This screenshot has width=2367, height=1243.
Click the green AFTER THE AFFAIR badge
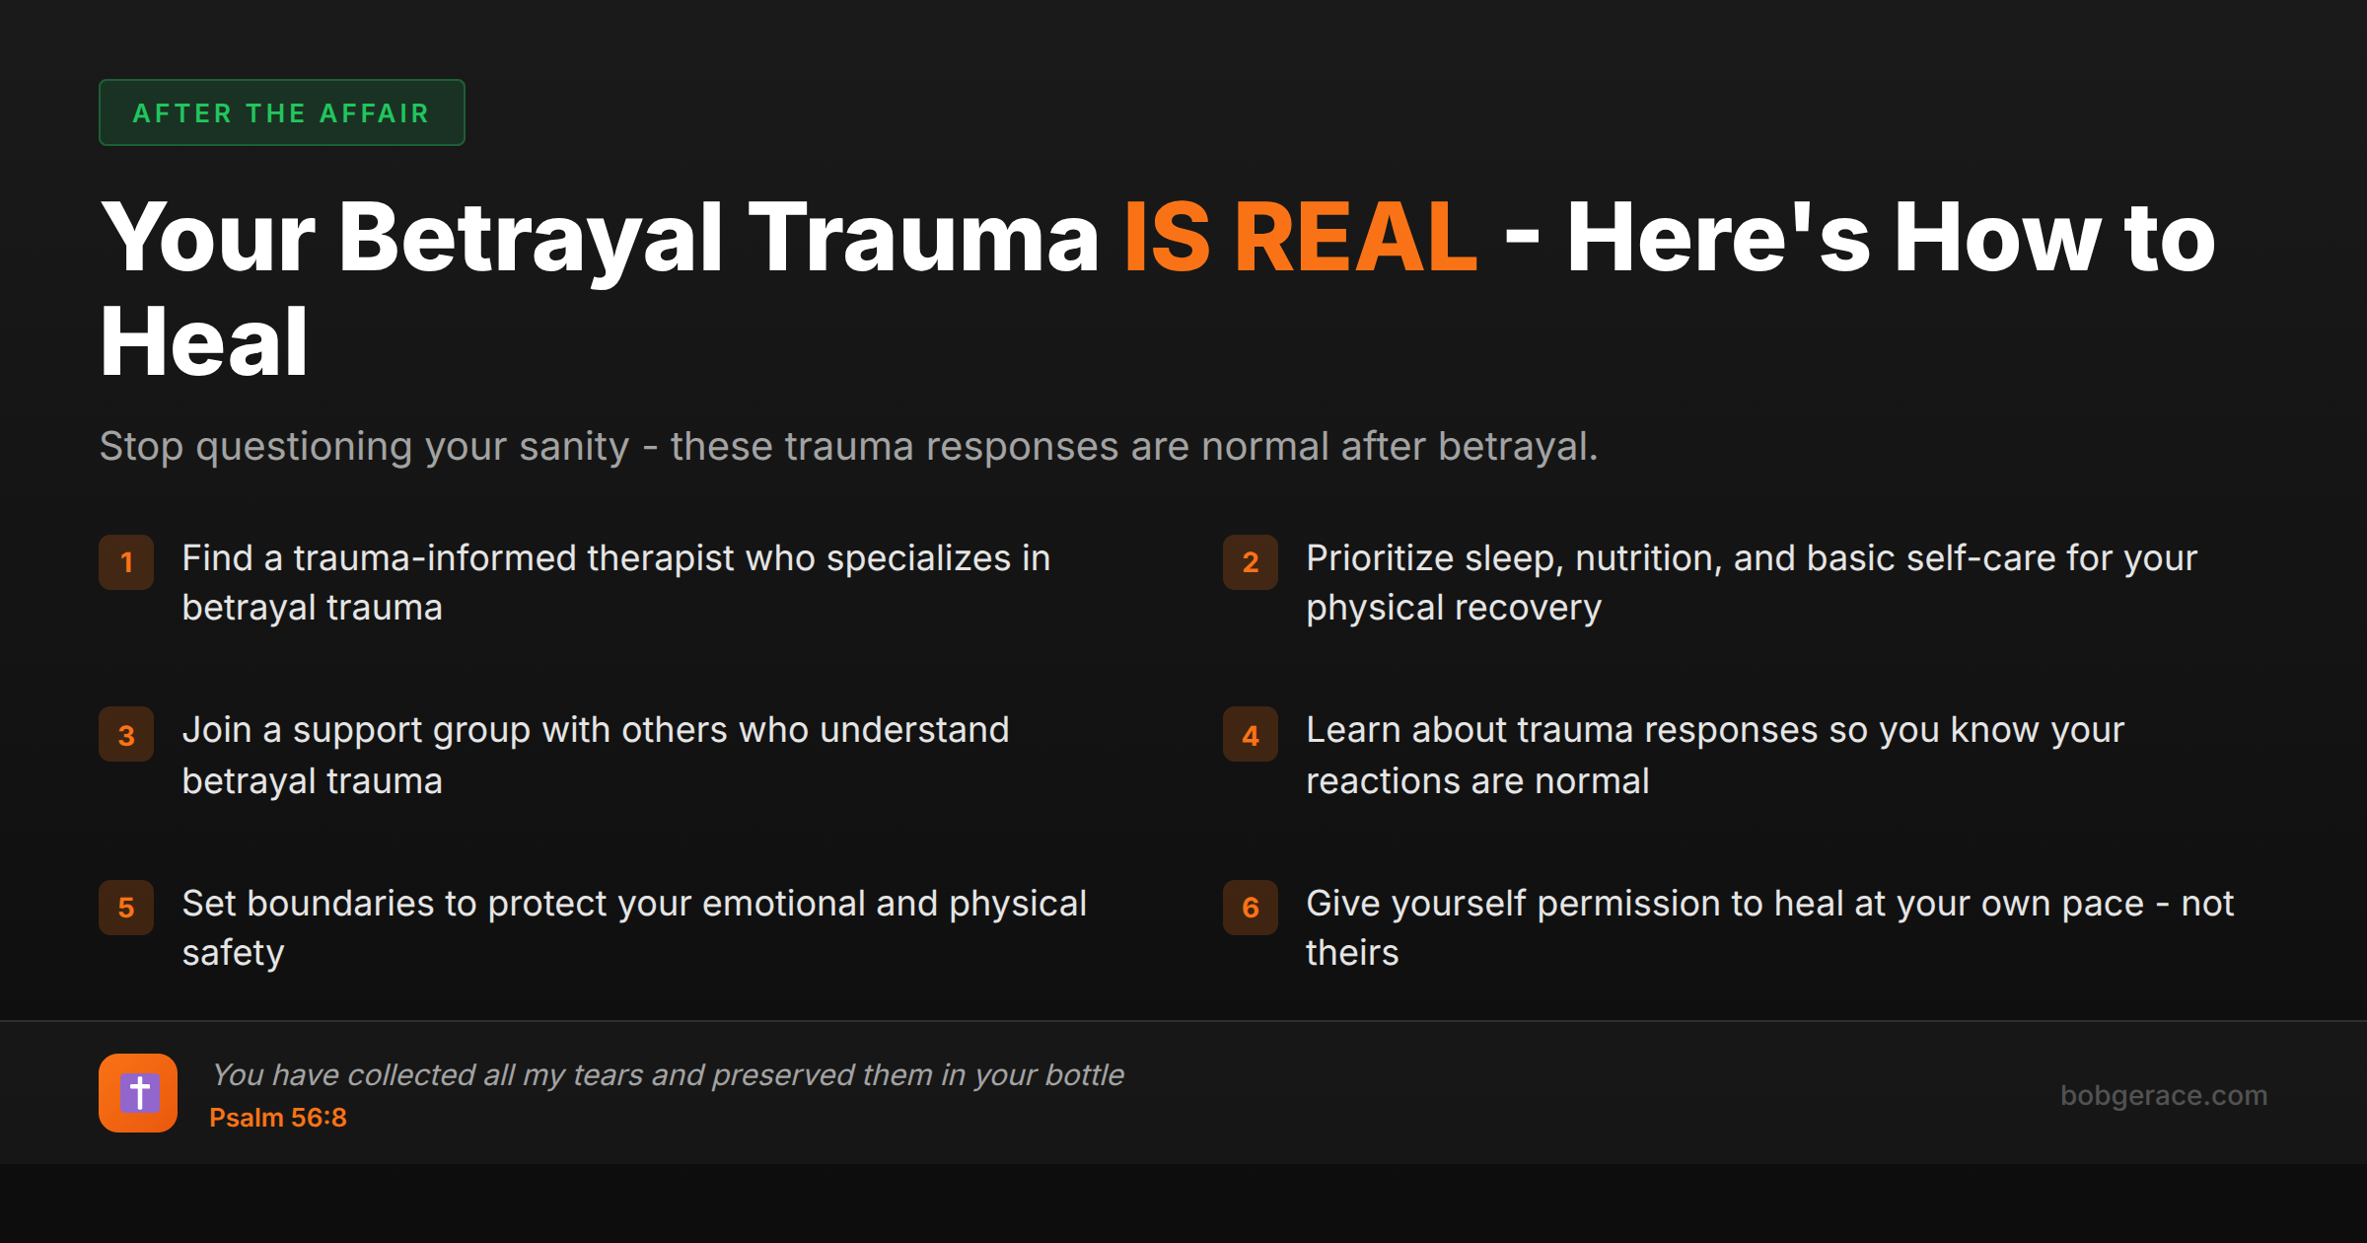point(281,112)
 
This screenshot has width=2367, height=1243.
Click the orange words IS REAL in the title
point(1300,238)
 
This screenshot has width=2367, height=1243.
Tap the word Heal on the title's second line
point(204,342)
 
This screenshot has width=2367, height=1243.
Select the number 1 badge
point(126,562)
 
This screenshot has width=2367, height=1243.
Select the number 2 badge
point(1250,562)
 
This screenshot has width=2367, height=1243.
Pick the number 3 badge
point(126,735)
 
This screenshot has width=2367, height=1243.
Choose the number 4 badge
point(1250,735)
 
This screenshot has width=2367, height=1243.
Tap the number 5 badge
point(126,908)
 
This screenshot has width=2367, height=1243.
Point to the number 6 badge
point(1250,908)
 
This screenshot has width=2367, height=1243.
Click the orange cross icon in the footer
point(138,1093)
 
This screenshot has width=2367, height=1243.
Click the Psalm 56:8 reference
point(278,1118)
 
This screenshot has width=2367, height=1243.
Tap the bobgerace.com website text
point(2163,1095)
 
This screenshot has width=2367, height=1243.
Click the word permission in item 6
point(1629,904)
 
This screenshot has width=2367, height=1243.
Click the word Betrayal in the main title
point(531,238)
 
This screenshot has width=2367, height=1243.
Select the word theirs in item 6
point(1352,953)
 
